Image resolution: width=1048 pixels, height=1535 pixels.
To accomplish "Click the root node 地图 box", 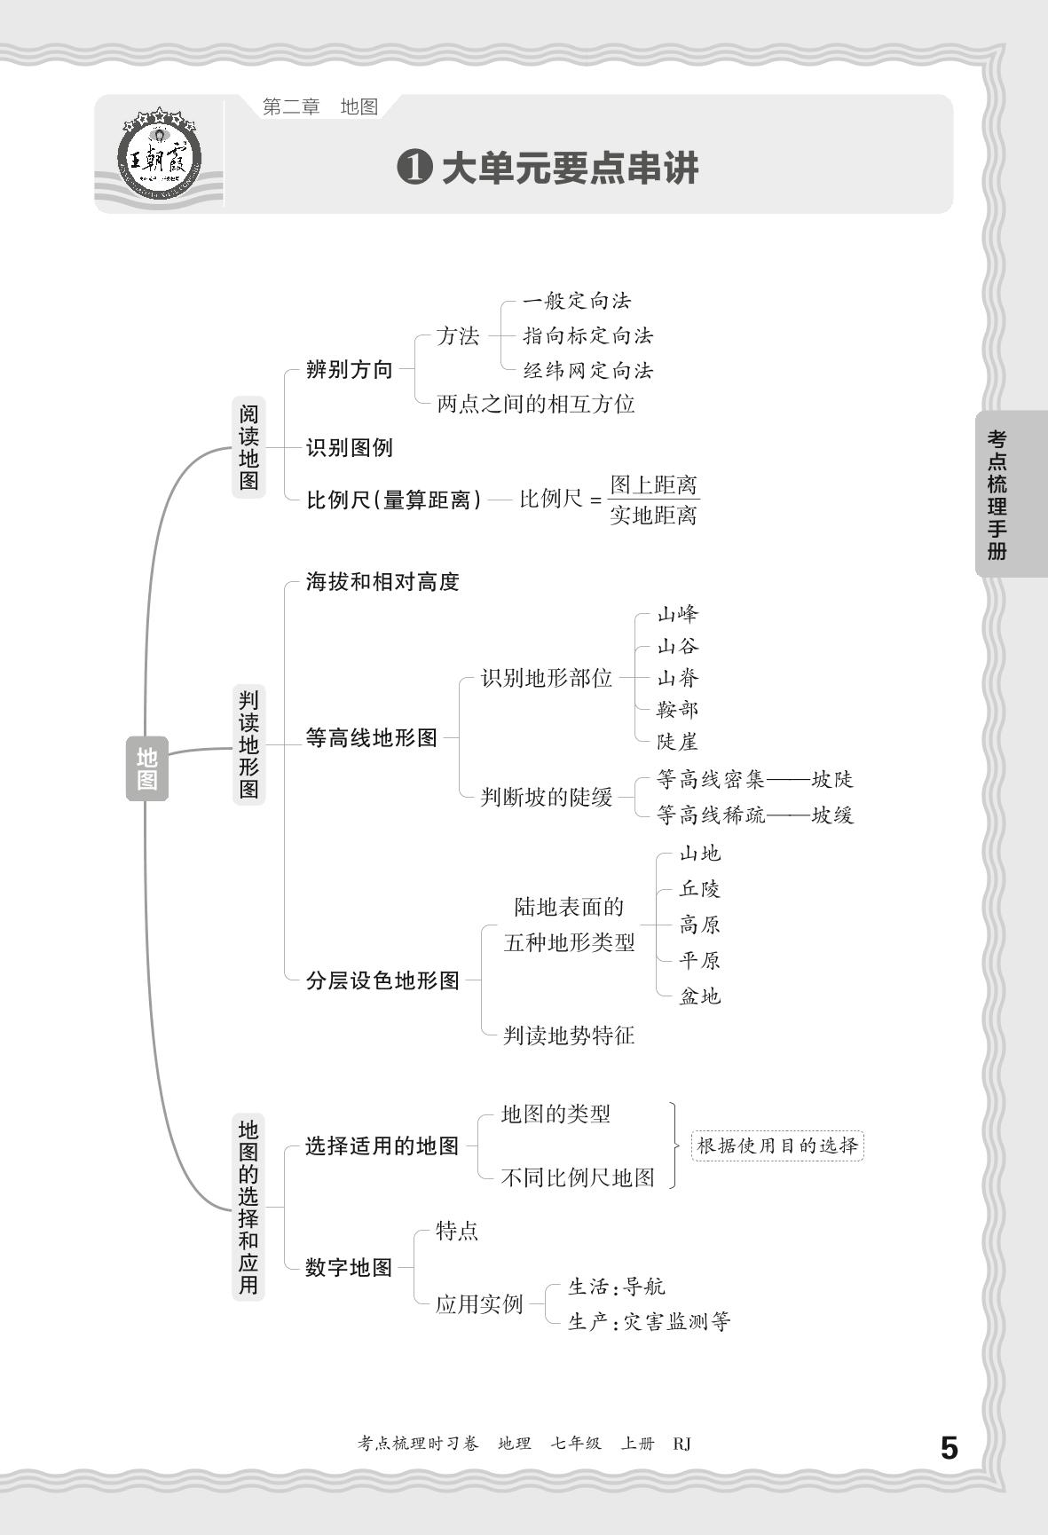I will (146, 768).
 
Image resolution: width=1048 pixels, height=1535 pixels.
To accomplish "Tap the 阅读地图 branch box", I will (248, 447).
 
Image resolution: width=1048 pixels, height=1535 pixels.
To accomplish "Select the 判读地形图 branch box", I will (249, 744).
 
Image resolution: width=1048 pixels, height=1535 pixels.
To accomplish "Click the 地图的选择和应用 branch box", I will (248, 1207).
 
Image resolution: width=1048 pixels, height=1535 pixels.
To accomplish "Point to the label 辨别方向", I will (349, 370).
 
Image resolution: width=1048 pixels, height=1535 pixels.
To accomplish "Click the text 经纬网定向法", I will (587, 370).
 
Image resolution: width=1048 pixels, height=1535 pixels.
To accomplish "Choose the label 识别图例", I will (349, 447).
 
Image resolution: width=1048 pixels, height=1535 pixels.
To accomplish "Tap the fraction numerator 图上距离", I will (654, 484).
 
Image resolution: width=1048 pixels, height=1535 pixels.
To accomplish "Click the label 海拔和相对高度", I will (382, 582).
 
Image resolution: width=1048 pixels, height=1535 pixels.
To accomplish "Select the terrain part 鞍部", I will (678, 710).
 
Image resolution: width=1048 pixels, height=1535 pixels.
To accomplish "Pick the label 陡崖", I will (678, 742).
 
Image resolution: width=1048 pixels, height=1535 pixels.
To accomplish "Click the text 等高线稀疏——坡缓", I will (755, 815).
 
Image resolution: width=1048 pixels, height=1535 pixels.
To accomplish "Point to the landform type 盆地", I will (700, 996).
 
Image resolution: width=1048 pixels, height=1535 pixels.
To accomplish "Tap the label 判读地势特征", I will (569, 1035).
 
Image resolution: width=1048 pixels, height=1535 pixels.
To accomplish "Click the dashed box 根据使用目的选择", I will (777, 1145).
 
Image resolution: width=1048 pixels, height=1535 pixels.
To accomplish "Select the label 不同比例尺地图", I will (578, 1177).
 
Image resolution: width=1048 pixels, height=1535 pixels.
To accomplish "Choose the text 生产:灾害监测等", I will (649, 1322).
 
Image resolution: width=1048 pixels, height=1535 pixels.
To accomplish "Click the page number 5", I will (949, 1448).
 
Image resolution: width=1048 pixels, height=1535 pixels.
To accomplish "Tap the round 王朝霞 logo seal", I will (160, 160).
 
